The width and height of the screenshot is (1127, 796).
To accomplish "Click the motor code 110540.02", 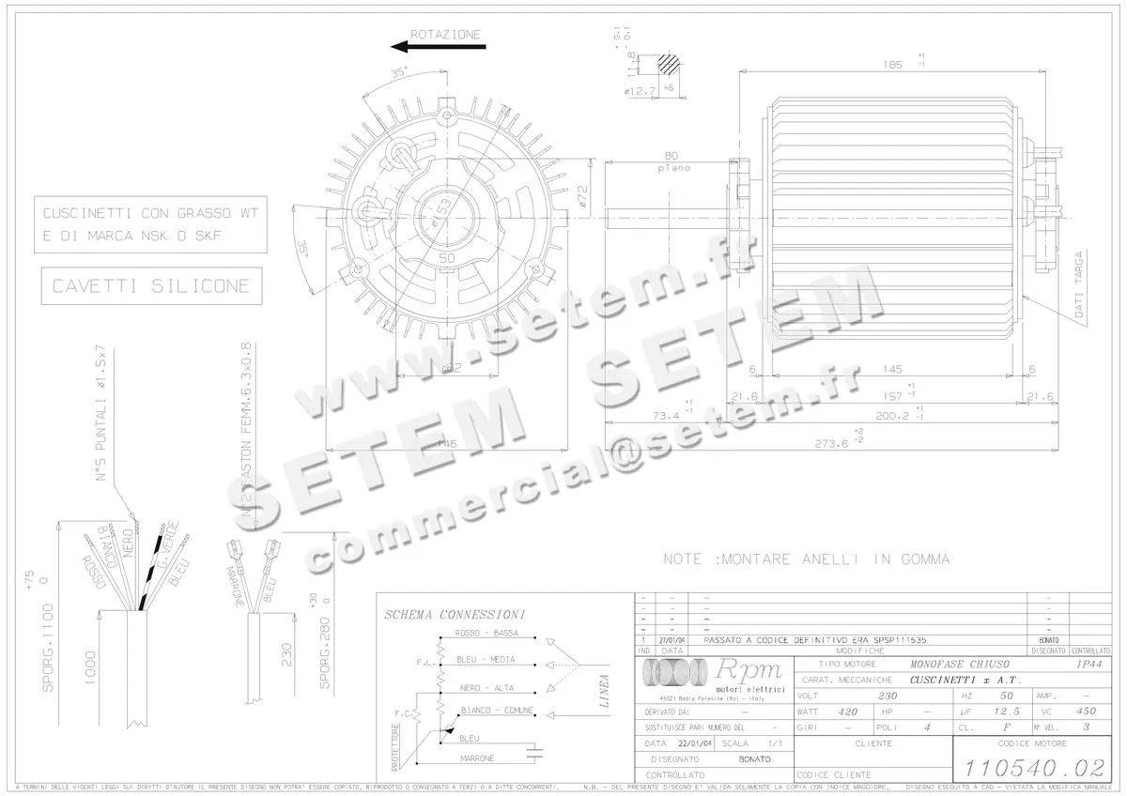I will pyautogui.click(x=1032, y=767).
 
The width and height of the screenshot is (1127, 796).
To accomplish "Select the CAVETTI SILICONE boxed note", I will pyautogui.click(x=152, y=285).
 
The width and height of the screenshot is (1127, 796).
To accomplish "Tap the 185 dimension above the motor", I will pyautogui.click(x=892, y=65).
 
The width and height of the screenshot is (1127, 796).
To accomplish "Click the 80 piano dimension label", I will pyautogui.click(x=672, y=161).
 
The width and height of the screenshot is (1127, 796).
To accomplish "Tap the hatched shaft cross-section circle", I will pyautogui.click(x=669, y=64).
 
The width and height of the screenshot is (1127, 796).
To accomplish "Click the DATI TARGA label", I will pyautogui.click(x=1078, y=284).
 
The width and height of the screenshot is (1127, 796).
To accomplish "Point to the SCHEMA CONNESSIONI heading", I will pyautogui.click(x=455, y=615).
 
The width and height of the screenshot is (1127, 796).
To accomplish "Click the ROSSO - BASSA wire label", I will pyautogui.click(x=486, y=634).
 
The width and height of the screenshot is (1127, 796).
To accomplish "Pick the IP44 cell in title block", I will pyautogui.click(x=1089, y=664).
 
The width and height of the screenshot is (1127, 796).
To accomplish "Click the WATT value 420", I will pyautogui.click(x=847, y=712).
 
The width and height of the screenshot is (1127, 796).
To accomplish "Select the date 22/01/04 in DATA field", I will pyautogui.click(x=695, y=742).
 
